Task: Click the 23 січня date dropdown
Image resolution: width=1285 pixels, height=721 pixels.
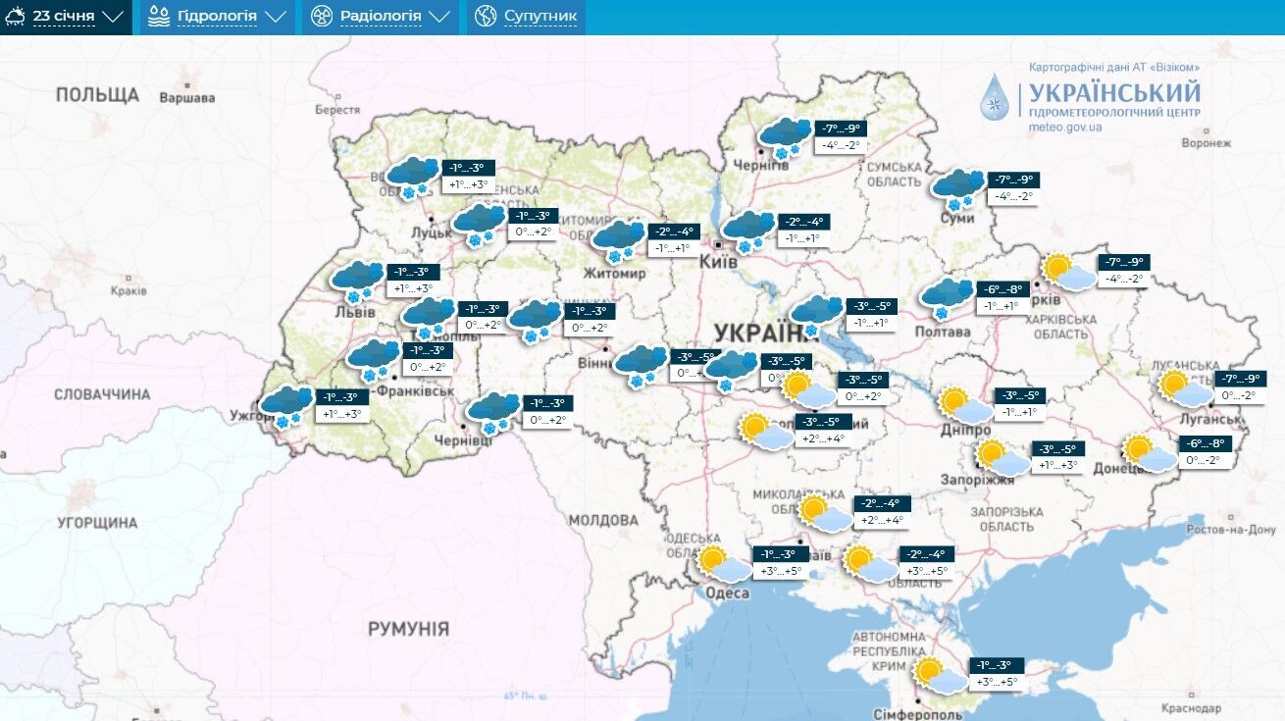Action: (x=66, y=17)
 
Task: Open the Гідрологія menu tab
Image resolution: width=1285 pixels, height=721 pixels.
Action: (x=217, y=17)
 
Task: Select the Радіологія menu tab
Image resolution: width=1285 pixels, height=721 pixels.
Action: (x=380, y=17)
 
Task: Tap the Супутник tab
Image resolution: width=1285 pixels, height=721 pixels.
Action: (x=527, y=17)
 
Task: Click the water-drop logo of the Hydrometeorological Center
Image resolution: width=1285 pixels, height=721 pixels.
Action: (x=995, y=97)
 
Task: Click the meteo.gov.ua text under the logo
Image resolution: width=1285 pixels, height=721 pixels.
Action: (x=1065, y=128)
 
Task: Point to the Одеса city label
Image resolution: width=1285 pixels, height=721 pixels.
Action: (x=727, y=593)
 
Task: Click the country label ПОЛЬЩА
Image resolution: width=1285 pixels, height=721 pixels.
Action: (x=97, y=95)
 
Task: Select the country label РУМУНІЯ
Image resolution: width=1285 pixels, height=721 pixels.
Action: (x=408, y=628)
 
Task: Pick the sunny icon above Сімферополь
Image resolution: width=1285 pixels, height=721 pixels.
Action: (x=940, y=675)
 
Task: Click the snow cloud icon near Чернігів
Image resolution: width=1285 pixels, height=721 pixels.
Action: (x=786, y=136)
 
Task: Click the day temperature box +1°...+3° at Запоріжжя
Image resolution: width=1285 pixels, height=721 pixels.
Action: (x=1057, y=465)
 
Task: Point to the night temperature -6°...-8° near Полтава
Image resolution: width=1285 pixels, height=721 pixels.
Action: (x=1002, y=289)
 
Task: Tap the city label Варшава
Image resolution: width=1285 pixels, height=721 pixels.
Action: (x=186, y=98)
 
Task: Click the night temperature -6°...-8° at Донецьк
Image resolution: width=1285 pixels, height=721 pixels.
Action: (x=1206, y=442)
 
